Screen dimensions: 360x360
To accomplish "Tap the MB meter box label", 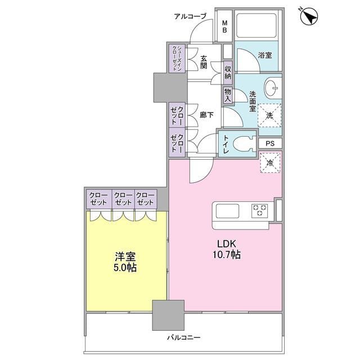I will (224, 26).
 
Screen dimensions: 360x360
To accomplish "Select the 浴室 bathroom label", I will (264, 56).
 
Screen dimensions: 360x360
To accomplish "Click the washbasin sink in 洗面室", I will (272, 87).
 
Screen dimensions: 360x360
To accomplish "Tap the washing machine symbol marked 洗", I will (269, 116).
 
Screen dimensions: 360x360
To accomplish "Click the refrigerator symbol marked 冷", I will (270, 164).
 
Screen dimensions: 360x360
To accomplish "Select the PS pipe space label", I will (271, 143).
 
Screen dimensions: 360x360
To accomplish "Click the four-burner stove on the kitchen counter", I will (260, 211).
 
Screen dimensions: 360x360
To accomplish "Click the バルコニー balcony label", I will (184, 338).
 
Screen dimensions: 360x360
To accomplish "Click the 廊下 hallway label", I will (206, 115).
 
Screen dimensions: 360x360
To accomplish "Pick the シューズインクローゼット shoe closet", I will (175, 58).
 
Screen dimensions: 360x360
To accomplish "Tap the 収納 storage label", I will (228, 73).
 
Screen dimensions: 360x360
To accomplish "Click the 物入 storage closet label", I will (227, 94).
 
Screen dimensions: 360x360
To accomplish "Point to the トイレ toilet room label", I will (226, 145).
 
